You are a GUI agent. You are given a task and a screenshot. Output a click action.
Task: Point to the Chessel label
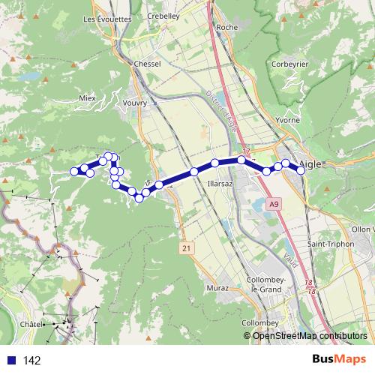pos(147,64)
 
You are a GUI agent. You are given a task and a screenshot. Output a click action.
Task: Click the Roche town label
pos(226,27)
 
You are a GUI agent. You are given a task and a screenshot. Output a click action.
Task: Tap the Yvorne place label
pos(287,120)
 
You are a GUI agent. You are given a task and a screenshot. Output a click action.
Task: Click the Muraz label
pos(216,287)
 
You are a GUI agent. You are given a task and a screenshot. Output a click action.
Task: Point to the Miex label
pos(88,97)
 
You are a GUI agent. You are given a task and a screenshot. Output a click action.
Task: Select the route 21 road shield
pos(186,247)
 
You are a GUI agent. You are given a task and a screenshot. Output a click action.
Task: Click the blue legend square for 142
pos(10,360)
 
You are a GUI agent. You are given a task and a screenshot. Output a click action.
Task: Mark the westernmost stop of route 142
pos(75,171)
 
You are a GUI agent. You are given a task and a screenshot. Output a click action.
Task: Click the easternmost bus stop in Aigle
pos(301,170)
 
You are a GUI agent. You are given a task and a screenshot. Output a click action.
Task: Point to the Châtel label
pos(31,323)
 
